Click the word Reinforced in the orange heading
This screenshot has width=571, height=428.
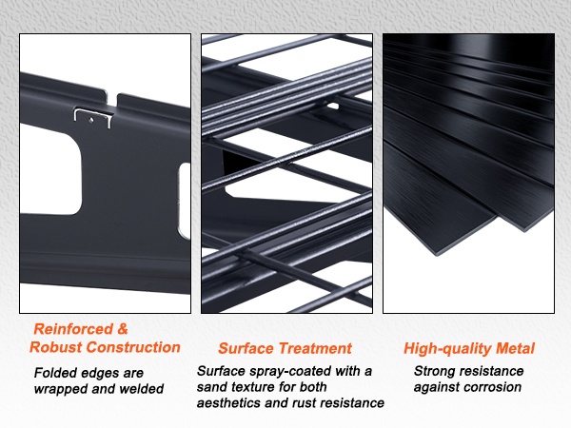pos(73,329)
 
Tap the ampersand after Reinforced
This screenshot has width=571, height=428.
pos(123,329)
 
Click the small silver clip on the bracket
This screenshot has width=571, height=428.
pos(92,117)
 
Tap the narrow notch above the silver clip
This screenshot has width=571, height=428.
pos(112,100)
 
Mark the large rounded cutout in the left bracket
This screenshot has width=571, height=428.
pos(51,170)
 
